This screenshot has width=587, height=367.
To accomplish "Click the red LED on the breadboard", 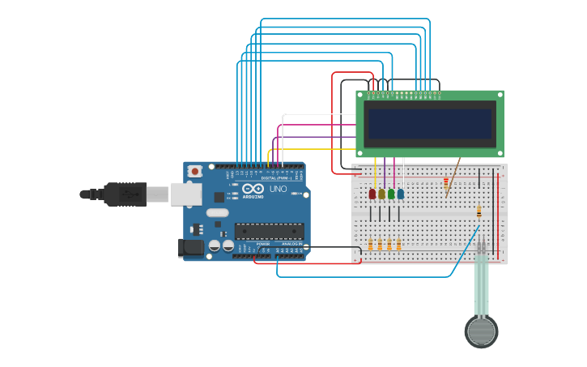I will tap(372, 194).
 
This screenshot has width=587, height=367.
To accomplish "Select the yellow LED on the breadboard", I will tap(381, 194).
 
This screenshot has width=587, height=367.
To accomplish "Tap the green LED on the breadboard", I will tap(391, 194).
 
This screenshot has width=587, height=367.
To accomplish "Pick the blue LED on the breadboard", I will tap(401, 194).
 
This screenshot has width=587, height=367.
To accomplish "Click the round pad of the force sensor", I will tap(481, 331).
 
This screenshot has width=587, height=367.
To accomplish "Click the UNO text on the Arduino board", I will tap(278, 189).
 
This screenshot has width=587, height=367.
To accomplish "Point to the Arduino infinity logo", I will tap(253, 189).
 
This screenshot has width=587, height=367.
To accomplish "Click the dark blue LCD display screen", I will tap(430, 124).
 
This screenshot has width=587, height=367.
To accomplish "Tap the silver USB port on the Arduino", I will tap(185, 193).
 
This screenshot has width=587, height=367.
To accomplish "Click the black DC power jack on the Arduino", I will tap(191, 248).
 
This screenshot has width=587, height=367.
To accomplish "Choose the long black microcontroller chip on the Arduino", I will tap(269, 231).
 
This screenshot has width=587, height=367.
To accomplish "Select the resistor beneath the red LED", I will tap(371, 244).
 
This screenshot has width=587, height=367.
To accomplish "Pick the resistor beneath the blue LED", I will tap(398, 244).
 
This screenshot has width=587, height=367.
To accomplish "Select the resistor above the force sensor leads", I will tap(479, 211).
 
